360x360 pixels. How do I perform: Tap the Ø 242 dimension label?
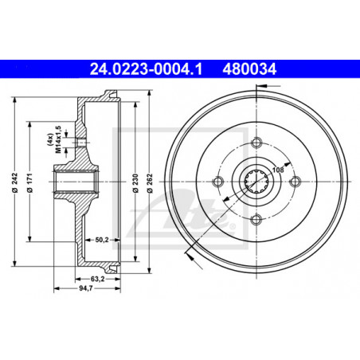pos(17,182)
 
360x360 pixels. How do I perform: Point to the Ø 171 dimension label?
pos(31,182)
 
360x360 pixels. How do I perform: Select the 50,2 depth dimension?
pos(101,238)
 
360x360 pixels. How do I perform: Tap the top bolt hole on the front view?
pos(256,143)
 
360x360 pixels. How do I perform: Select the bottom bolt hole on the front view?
pos(256,220)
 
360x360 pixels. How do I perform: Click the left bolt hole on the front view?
pos(218,182)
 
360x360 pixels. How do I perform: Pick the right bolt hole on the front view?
pos(295,182)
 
